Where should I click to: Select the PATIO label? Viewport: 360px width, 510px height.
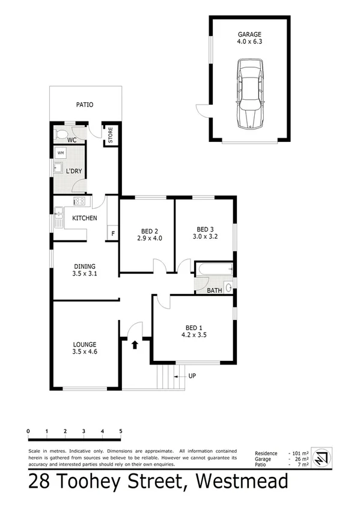(85, 105)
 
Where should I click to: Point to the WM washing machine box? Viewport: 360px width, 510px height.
(61, 153)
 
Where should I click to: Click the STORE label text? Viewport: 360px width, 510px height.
(111, 135)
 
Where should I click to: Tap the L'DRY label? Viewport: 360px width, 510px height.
(74, 171)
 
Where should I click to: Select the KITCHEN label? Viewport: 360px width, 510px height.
(84, 218)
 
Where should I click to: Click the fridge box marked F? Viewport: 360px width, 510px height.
(112, 233)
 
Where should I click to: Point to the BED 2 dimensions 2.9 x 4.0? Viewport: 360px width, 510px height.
(149, 238)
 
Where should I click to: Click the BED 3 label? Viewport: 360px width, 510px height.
(205, 229)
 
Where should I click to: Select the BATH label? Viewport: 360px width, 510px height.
(214, 290)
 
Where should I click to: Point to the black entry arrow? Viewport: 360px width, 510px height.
(135, 345)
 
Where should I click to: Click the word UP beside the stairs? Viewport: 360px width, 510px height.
(193, 376)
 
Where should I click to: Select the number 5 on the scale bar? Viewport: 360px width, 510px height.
(121, 431)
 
